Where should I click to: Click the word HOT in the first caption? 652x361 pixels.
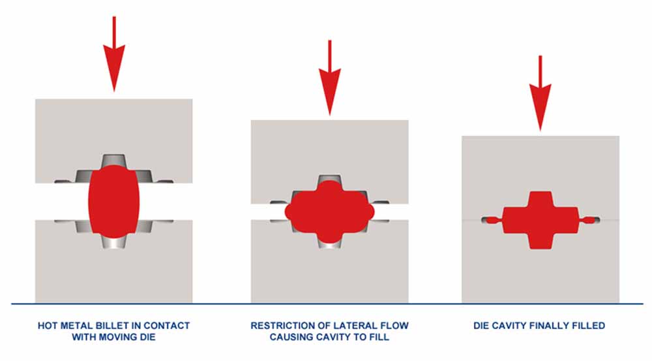[47, 325]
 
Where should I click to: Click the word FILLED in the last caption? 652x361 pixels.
[590, 325]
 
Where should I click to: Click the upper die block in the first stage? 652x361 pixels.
[114, 127]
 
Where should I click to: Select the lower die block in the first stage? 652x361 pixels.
[114, 274]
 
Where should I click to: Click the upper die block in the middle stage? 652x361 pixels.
[330, 147]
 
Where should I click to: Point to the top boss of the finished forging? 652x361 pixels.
[540, 199]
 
